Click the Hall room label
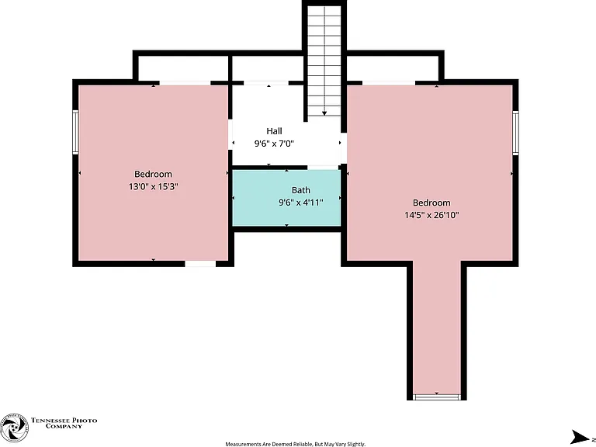(274, 131)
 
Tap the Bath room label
(300, 190)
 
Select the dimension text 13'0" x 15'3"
(153, 186)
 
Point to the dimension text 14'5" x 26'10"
(431, 215)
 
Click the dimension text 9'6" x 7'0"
(274, 144)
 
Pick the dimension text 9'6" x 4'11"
(300, 203)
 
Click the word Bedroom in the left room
(153, 174)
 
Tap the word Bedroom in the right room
(431, 203)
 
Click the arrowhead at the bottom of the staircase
(324, 113)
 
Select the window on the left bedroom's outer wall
(75, 132)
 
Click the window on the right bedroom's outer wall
(515, 133)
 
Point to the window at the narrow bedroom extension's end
(437, 397)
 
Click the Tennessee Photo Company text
(64, 423)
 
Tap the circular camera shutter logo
(14, 428)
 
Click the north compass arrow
(580, 437)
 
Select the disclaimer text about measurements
(296, 444)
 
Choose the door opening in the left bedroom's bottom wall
(200, 263)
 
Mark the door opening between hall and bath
(323, 168)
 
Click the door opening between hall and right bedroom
(344, 149)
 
